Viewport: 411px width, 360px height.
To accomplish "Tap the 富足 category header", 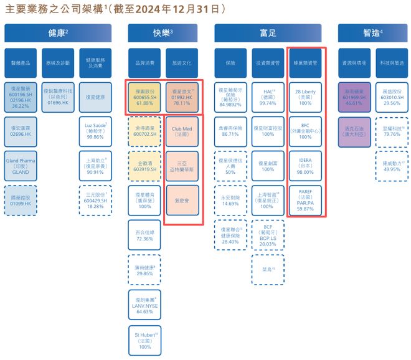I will click(269, 33).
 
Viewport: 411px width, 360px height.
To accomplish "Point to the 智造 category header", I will click(372, 33).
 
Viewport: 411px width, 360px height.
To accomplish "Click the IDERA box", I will click(305, 166).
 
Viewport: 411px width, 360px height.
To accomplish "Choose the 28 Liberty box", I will click(305, 95).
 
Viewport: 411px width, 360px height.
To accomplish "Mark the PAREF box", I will click(305, 201).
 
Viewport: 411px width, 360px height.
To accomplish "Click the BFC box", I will click(305, 131).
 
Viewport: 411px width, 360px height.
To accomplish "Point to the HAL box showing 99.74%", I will click(268, 95).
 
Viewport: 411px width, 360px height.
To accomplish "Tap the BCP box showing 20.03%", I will click(268, 235).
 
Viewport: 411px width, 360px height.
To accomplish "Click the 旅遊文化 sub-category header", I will click(182, 63).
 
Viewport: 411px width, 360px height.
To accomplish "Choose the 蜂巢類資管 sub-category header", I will click(305, 63).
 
